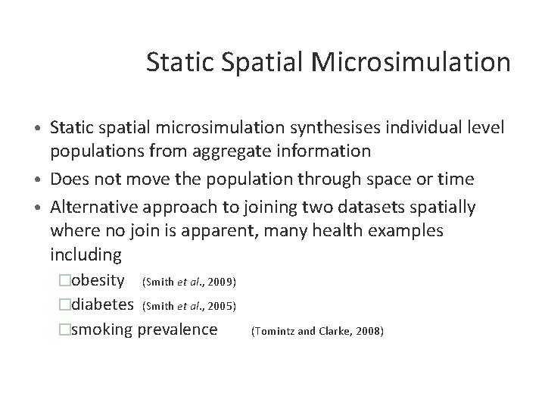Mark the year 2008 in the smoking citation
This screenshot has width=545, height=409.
371,332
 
